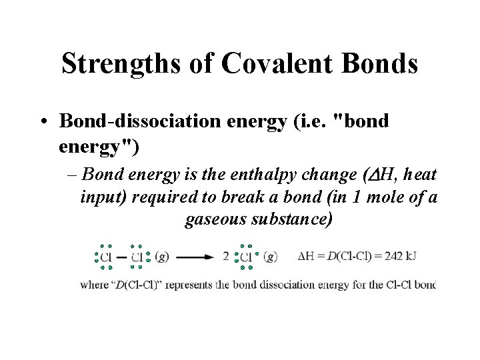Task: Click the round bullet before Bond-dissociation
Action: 44,122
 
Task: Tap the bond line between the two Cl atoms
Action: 122,257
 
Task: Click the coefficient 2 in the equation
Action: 226,257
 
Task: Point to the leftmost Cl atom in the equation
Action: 105,257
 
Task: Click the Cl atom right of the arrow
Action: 246,257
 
